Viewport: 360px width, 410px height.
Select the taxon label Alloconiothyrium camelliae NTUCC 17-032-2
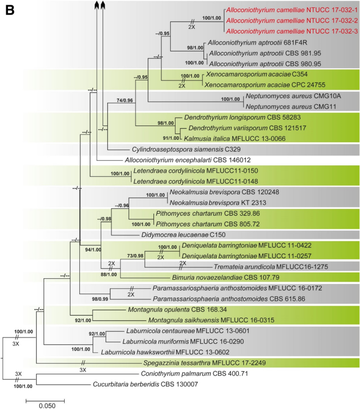[x=292, y=20]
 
